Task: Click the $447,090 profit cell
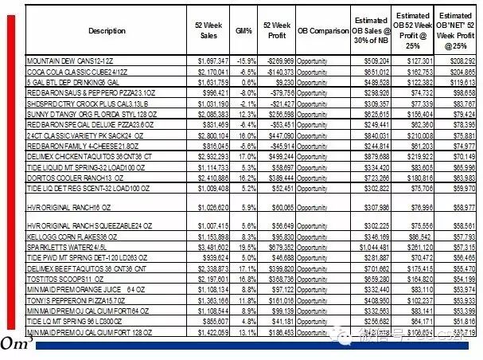pos(279,135)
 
